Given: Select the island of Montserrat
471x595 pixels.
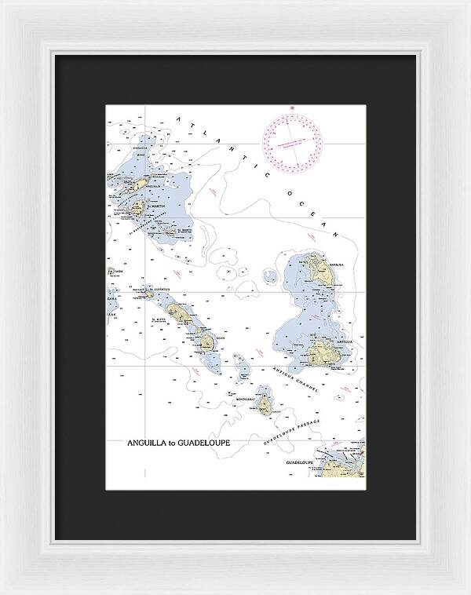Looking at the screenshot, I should click(x=265, y=405).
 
